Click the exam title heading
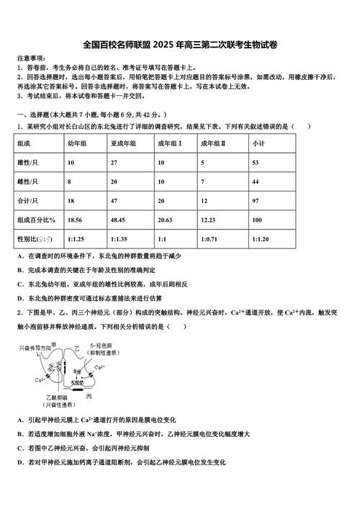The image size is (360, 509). [x=180, y=45]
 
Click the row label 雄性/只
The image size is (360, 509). [x=27, y=163]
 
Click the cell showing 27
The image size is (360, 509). [x=114, y=163]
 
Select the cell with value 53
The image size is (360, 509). [x=256, y=163]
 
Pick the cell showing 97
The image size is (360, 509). [x=256, y=201]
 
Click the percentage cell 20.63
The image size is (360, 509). [x=165, y=219]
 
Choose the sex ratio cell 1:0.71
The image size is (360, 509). [x=210, y=238]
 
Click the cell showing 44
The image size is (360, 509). [x=256, y=182]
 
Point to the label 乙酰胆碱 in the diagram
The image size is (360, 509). [x=55, y=397]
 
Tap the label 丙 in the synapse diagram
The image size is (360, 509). [x=89, y=397]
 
